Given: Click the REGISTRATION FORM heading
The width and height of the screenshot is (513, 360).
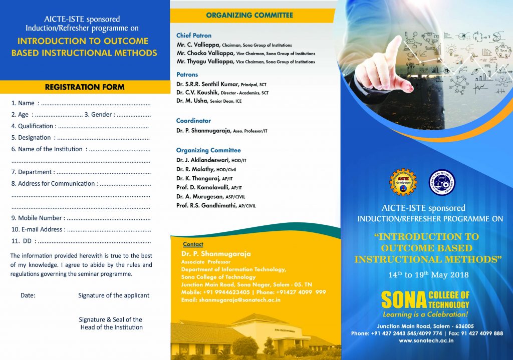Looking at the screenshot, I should coord(85,87).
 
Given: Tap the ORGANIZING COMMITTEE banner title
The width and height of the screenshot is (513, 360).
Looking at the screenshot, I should coord(249,16).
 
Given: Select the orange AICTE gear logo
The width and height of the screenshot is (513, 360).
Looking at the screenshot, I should coord(403,182).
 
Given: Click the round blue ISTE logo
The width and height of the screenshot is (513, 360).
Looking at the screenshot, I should coord(442,182).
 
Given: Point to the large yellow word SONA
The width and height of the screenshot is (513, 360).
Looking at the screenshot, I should coord(404,300).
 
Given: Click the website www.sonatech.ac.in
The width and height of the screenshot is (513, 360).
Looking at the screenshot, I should coord(426,340).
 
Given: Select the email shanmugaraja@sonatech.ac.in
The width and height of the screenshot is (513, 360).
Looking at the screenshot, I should coord(231,300).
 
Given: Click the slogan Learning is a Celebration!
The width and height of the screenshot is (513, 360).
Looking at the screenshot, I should coord(425,314).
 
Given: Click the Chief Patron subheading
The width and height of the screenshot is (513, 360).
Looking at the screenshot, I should coord(194,36).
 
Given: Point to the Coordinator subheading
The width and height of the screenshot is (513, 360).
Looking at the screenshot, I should coord(193,121).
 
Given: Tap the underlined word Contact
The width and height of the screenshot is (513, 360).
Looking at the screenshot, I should coord(193,244).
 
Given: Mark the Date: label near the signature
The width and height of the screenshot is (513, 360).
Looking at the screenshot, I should coord(28,295).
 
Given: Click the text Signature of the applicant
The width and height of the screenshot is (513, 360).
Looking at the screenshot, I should coord(114,295).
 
